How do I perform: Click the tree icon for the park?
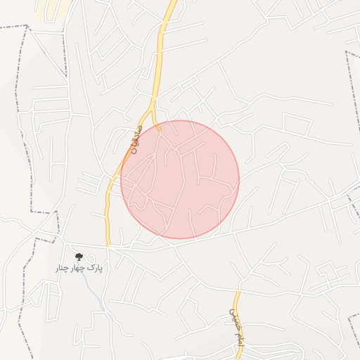[x=78, y=257]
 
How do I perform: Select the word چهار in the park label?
[x=78, y=269]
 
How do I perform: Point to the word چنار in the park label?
[x=63, y=269]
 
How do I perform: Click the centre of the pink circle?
[x=180, y=179]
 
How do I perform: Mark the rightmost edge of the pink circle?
[x=239, y=179]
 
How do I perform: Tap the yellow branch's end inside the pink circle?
[x=160, y=130]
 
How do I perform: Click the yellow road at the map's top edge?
[x=172, y=2]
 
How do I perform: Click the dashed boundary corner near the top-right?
[x=347, y=52]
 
